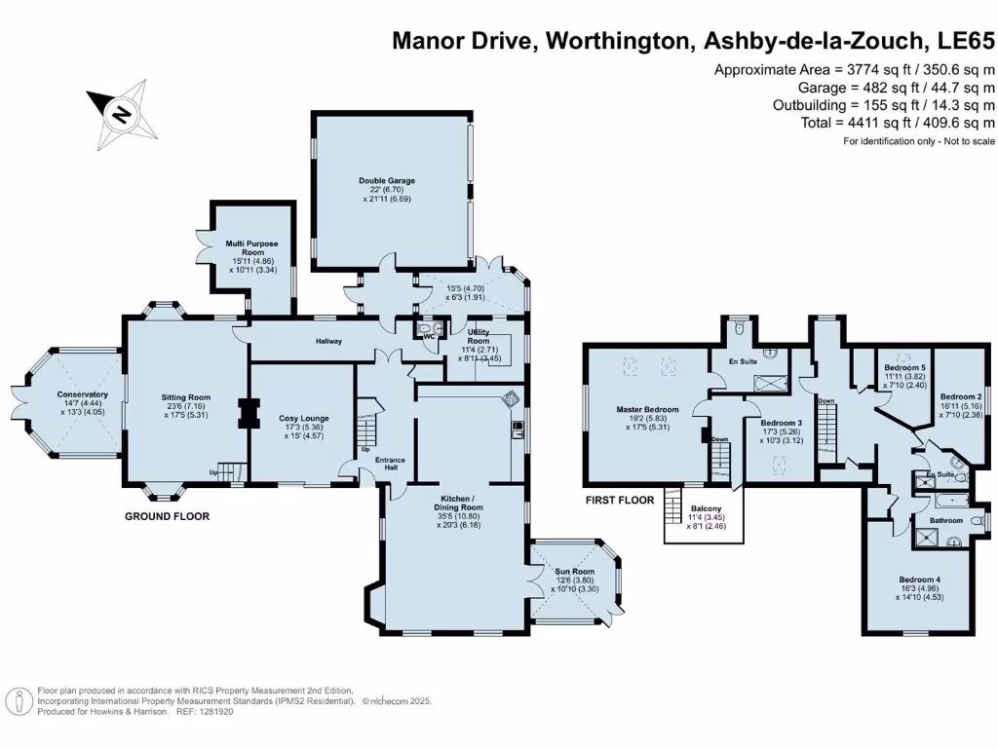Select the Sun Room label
click(x=575, y=572)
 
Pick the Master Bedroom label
click(x=647, y=409)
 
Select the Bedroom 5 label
click(x=904, y=367)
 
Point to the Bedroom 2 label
click(x=960, y=397)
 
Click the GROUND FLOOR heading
click(x=166, y=516)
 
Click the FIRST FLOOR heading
click(x=619, y=500)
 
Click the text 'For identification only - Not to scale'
click(x=918, y=142)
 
